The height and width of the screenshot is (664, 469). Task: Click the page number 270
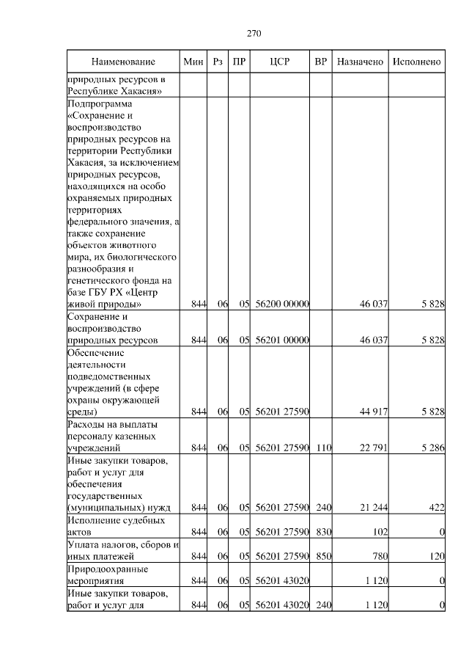(x=254, y=34)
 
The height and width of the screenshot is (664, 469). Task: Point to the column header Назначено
(x=360, y=62)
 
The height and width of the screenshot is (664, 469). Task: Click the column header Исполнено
(x=416, y=62)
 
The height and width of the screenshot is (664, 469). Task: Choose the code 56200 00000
(x=282, y=304)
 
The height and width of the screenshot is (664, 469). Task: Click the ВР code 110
(x=321, y=447)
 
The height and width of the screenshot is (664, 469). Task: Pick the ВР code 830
(x=321, y=531)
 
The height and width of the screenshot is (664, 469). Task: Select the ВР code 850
(x=321, y=556)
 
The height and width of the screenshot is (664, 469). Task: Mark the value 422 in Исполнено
(x=437, y=507)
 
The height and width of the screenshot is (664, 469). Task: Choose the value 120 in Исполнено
(x=437, y=556)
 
